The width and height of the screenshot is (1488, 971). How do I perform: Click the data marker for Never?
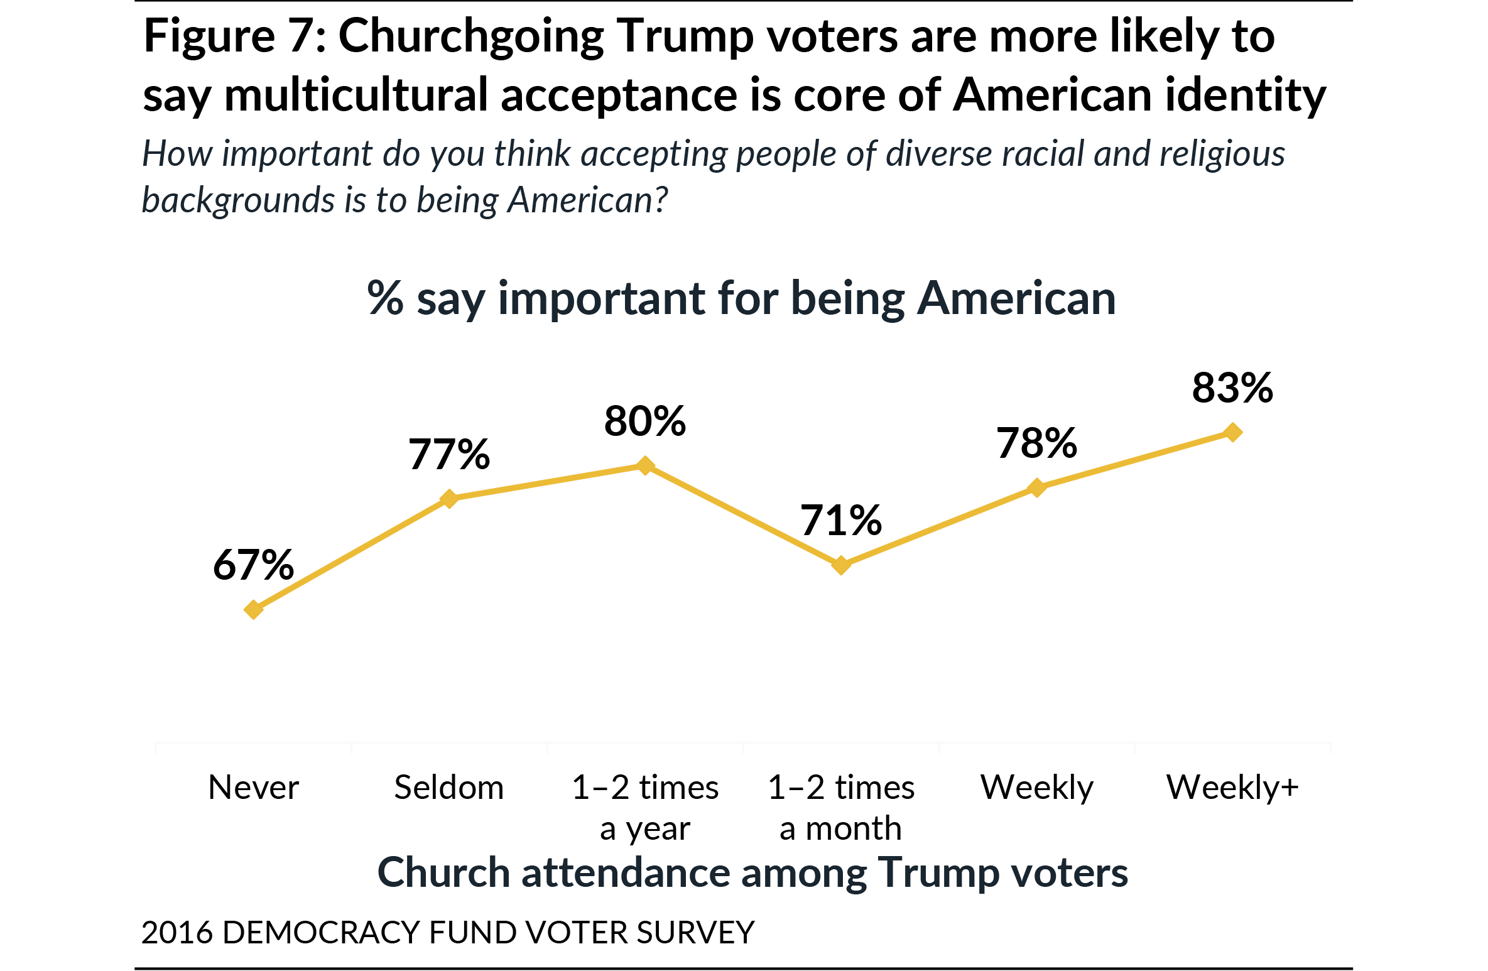[253, 609]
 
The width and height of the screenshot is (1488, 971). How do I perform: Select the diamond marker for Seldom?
[449, 499]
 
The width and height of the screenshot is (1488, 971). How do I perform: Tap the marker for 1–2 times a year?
[645, 465]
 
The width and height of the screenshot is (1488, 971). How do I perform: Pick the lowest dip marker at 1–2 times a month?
[841, 565]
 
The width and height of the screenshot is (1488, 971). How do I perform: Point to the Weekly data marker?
[1037, 487]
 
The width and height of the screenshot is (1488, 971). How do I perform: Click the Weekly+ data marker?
[1233, 432]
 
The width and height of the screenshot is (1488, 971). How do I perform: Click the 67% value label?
[253, 565]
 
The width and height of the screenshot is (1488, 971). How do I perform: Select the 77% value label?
[449, 454]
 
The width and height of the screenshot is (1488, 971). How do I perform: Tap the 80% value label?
[645, 421]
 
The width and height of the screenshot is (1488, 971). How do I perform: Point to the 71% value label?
[841, 521]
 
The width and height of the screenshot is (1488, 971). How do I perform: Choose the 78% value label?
[1037, 443]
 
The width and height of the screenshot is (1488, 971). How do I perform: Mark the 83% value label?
[1233, 388]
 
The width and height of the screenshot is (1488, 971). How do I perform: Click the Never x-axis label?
[253, 788]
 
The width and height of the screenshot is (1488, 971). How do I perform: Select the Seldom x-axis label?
[449, 788]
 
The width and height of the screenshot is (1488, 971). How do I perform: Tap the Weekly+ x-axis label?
[1232, 788]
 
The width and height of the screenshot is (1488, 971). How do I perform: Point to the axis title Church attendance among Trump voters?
[752, 873]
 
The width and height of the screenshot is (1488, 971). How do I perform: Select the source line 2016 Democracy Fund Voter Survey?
[447, 932]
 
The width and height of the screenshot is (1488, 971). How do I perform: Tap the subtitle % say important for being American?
[741, 298]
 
